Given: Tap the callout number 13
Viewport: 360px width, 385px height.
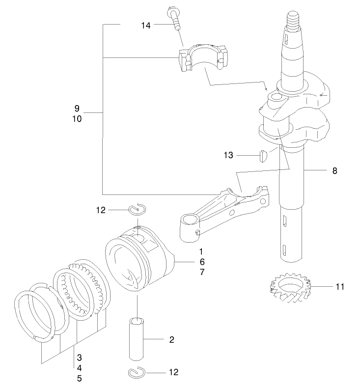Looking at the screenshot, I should (x=228, y=156).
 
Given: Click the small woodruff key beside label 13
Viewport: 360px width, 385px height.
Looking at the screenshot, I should (x=263, y=156).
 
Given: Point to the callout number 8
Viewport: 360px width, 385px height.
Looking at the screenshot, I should (x=334, y=171).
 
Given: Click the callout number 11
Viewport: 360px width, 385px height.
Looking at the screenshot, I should (x=340, y=286).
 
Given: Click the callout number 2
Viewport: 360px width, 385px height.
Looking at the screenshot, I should (x=171, y=339).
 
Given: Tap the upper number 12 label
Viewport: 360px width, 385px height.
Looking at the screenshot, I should (x=101, y=211).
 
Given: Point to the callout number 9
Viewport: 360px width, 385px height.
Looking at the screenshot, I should (x=77, y=108).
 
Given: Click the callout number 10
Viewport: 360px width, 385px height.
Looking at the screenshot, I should (x=77, y=119).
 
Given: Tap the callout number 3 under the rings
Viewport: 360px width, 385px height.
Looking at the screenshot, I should (x=79, y=357).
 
